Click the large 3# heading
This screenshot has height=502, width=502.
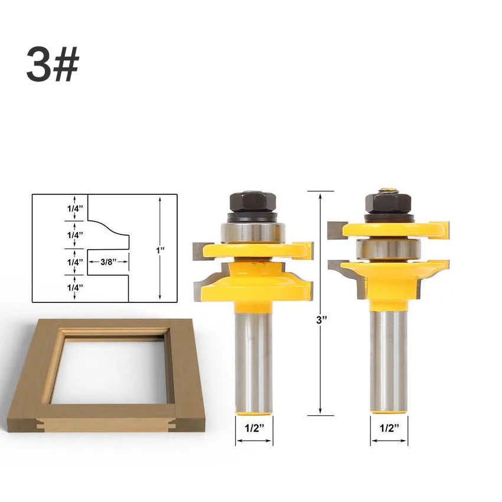tap(53, 64)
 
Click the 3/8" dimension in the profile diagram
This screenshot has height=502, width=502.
tap(108, 262)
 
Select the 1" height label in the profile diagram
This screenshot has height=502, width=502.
tap(160, 250)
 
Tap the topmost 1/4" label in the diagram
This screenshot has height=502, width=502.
tap(75, 208)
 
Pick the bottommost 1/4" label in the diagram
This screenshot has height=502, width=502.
tap(75, 288)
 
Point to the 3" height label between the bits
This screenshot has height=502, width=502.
tap(321, 320)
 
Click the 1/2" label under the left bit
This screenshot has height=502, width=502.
tap(254, 428)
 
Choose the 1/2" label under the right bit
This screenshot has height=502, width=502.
tap(389, 428)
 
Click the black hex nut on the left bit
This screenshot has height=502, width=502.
tap(253, 202)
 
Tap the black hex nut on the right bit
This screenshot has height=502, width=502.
tap(388, 204)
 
